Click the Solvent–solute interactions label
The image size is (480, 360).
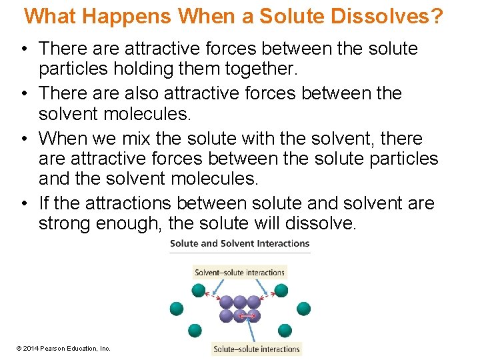click(x=239, y=272)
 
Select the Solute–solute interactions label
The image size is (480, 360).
click(x=257, y=349)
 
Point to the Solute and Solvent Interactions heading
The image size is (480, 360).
click(x=240, y=243)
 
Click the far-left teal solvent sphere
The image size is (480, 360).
click(x=176, y=308)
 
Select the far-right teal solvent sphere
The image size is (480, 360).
click(x=303, y=308)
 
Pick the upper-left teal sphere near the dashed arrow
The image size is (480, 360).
click(x=198, y=291)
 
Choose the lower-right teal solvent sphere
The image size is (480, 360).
click(x=285, y=330)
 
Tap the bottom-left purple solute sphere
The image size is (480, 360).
click(x=227, y=315)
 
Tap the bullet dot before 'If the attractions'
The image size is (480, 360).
click(x=24, y=203)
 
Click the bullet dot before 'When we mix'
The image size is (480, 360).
click(x=24, y=139)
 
